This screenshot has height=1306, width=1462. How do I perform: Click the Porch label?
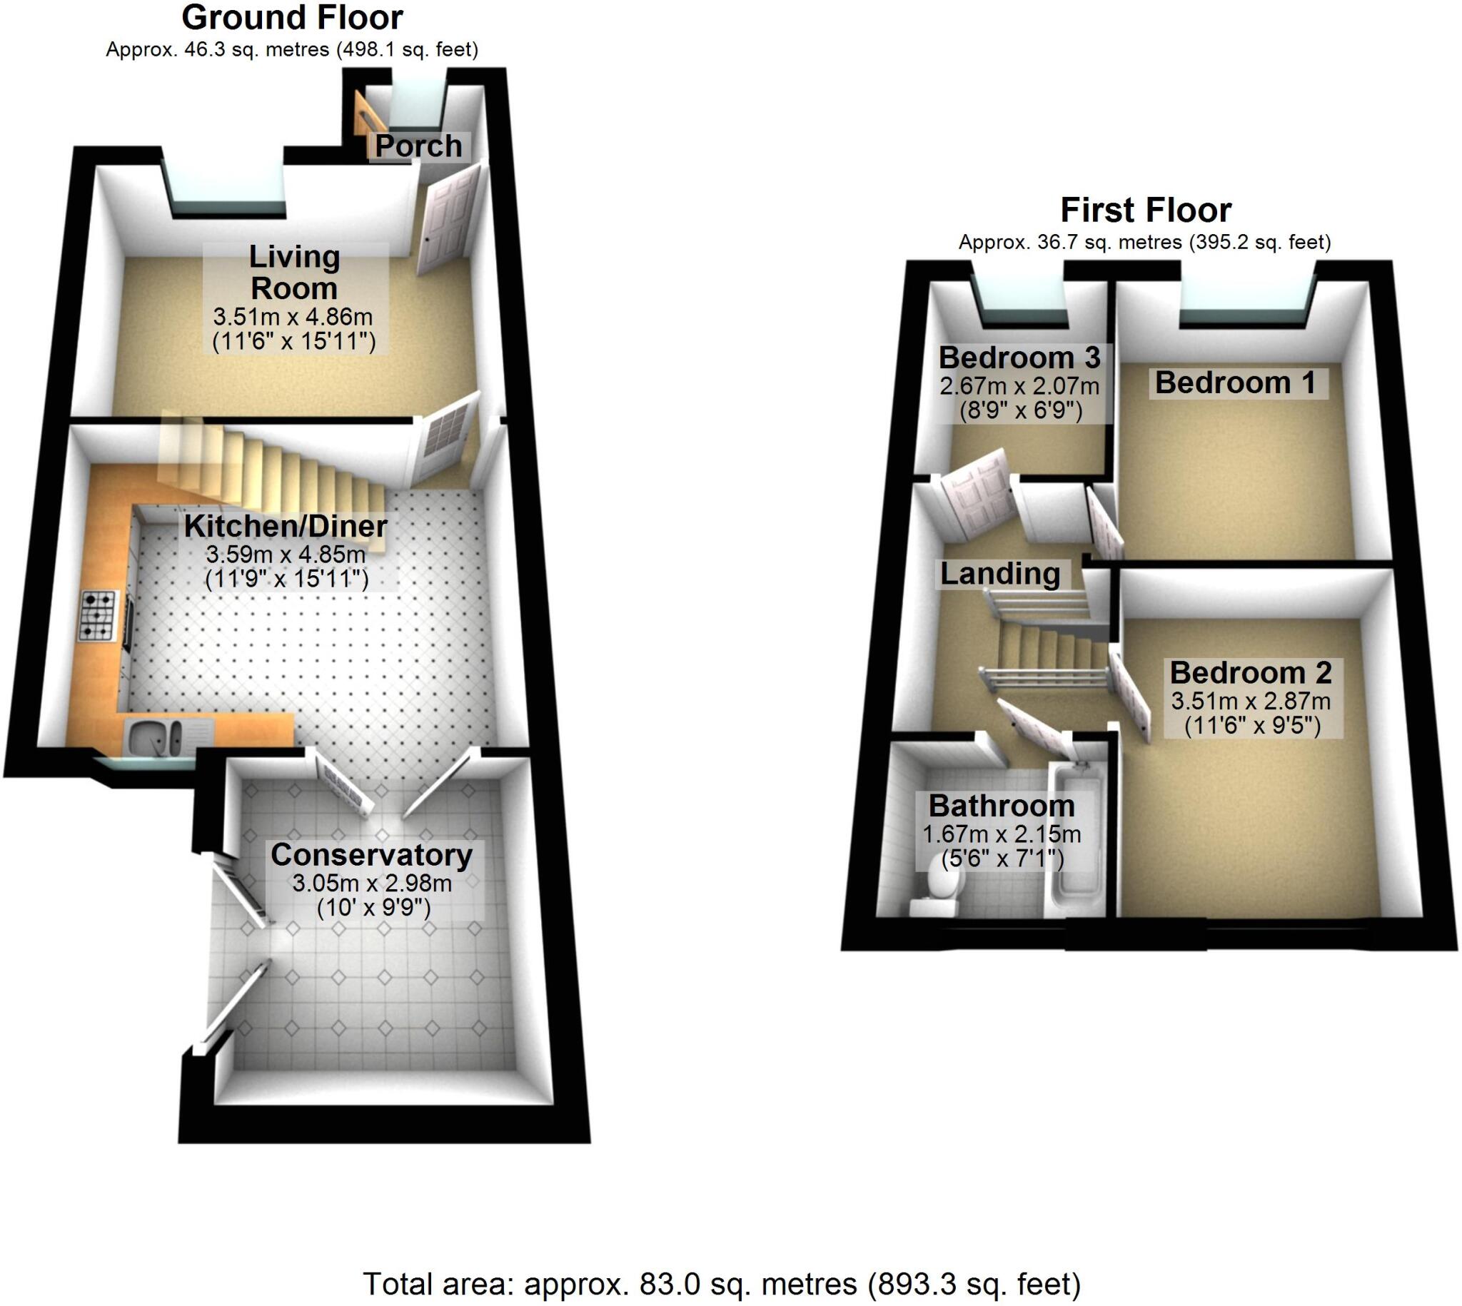(x=418, y=146)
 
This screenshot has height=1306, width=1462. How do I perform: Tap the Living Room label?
(x=294, y=273)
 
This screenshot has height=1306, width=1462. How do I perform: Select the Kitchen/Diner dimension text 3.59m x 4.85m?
(x=286, y=555)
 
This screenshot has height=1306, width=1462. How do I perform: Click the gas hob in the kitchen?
(x=98, y=615)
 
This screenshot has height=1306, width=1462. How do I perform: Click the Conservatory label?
(x=371, y=855)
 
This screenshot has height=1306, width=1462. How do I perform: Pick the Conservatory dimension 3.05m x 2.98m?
(x=372, y=883)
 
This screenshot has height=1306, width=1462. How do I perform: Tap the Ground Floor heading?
(x=292, y=18)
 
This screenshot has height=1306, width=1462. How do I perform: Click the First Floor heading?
(x=1146, y=211)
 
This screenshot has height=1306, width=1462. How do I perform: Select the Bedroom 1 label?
(x=1235, y=383)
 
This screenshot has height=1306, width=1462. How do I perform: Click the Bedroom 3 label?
(x=1019, y=358)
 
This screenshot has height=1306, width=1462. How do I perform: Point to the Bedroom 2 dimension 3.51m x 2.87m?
(x=1251, y=701)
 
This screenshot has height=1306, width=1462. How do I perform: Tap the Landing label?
(x=1000, y=574)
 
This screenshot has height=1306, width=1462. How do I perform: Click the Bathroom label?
(x=1002, y=806)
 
